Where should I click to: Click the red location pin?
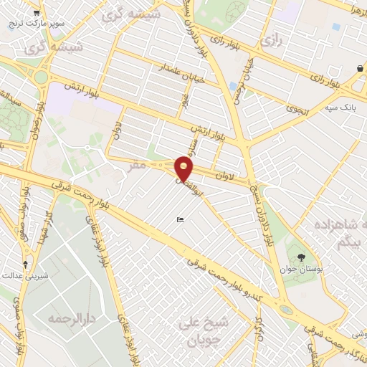pos(184,168)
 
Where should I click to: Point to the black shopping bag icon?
pos(359,68)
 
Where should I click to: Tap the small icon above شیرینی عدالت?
pos(27,264)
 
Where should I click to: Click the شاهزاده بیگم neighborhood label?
pos(335,234)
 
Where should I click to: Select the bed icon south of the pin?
pos(179,219)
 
